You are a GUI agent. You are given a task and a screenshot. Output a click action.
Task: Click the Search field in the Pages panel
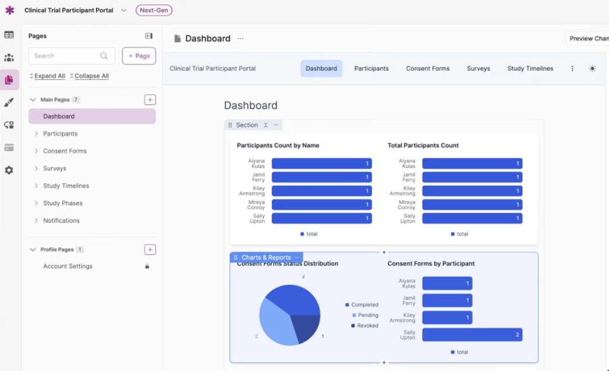tap(65, 56)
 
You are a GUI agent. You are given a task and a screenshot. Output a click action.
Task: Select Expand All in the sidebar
tap(48, 76)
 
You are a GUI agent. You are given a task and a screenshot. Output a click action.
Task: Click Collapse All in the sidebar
tap(90, 76)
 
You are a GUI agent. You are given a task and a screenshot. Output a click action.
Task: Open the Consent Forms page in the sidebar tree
tap(65, 151)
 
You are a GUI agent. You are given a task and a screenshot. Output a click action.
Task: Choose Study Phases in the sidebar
tap(62, 203)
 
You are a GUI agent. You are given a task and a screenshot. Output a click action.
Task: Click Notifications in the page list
tap(61, 221)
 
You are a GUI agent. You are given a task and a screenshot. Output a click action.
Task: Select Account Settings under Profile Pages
tap(68, 266)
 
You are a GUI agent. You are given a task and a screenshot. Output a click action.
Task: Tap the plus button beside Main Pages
tap(150, 100)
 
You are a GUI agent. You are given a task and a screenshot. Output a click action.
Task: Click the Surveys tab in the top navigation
tap(478, 68)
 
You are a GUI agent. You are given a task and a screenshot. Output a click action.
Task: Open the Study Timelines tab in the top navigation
tap(530, 68)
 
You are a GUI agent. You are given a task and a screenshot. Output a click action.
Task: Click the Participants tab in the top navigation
tap(371, 68)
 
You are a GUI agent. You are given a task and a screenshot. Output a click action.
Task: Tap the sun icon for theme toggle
tap(592, 68)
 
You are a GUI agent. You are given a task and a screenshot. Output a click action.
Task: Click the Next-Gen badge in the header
tap(153, 10)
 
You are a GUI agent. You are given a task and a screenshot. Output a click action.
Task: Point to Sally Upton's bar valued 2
tap(472, 335)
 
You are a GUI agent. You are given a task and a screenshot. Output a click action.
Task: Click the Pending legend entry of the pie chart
tap(368, 315)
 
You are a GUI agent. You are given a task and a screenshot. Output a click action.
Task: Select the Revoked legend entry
tap(367, 326)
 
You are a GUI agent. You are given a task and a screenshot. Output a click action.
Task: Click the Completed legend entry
tap(364, 305)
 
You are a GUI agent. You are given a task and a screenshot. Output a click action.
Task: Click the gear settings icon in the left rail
tap(9, 170)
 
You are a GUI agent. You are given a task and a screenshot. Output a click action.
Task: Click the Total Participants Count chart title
tap(423, 145)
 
